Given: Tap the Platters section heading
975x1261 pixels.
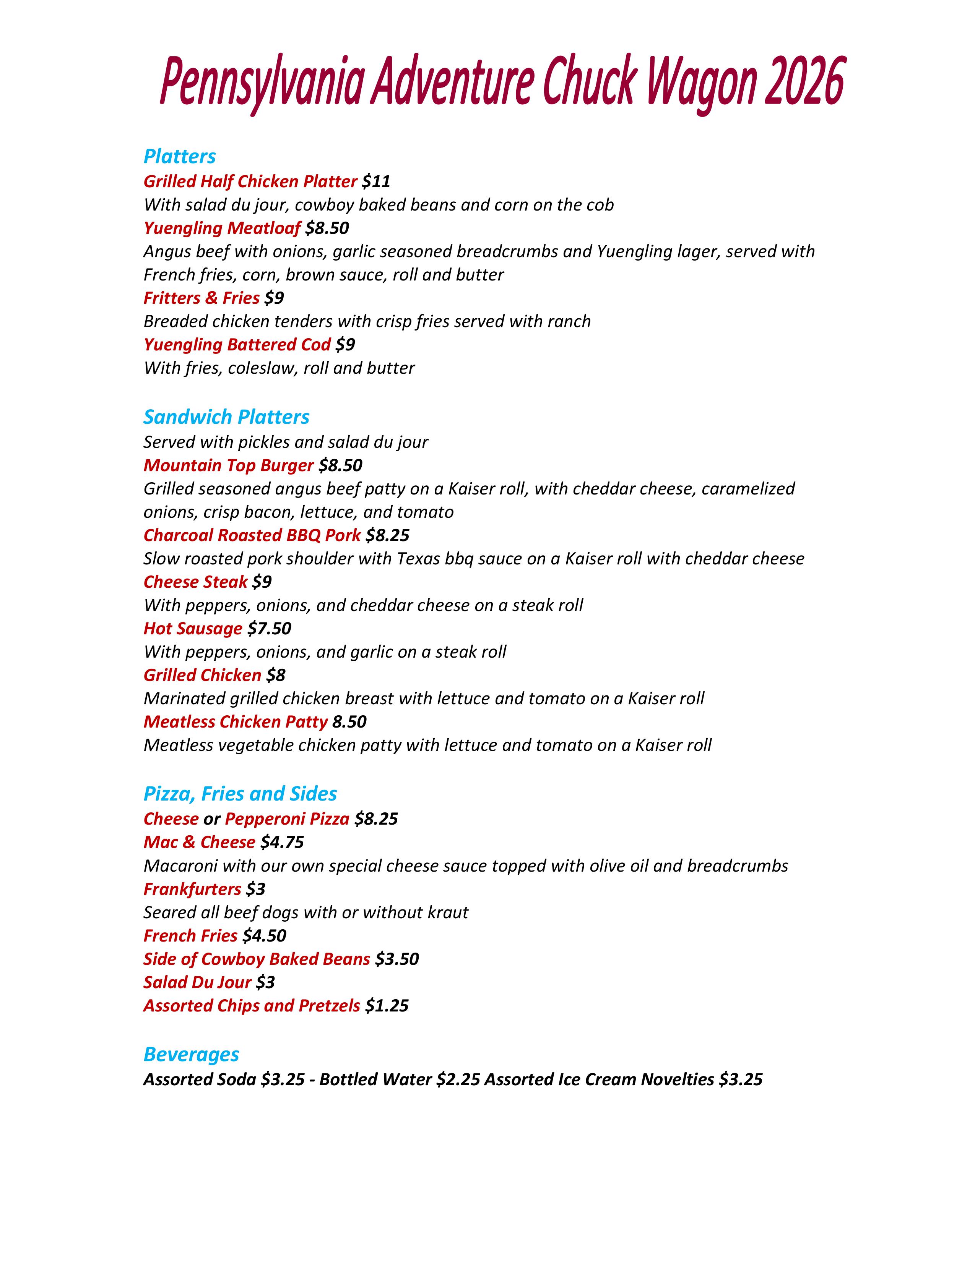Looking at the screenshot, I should click(x=180, y=156).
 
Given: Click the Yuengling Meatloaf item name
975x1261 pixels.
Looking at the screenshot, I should click(x=222, y=228).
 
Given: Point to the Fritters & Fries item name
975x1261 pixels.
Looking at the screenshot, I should click(x=201, y=298).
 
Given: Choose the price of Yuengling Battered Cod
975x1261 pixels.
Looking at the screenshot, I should click(x=345, y=345).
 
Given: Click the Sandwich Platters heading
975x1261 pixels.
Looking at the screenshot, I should click(x=226, y=417).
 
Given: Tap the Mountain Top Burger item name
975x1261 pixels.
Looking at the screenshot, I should click(x=228, y=465).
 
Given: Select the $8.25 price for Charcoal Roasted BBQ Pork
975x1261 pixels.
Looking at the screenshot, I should click(x=388, y=535).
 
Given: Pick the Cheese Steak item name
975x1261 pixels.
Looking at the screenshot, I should click(x=195, y=582).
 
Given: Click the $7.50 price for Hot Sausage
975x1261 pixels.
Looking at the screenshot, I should click(x=269, y=628).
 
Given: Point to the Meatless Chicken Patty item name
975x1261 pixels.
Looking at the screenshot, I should click(x=235, y=722).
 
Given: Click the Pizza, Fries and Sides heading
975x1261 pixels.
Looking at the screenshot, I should click(x=240, y=794).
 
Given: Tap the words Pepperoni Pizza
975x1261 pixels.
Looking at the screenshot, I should click(x=287, y=819).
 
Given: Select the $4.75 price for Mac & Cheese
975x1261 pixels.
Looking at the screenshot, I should click(x=282, y=843).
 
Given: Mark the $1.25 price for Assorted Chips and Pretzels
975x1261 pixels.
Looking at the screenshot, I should click(x=387, y=1006).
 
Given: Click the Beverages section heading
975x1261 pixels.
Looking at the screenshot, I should click(x=191, y=1054).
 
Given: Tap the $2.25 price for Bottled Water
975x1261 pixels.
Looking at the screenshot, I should click(x=458, y=1079).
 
